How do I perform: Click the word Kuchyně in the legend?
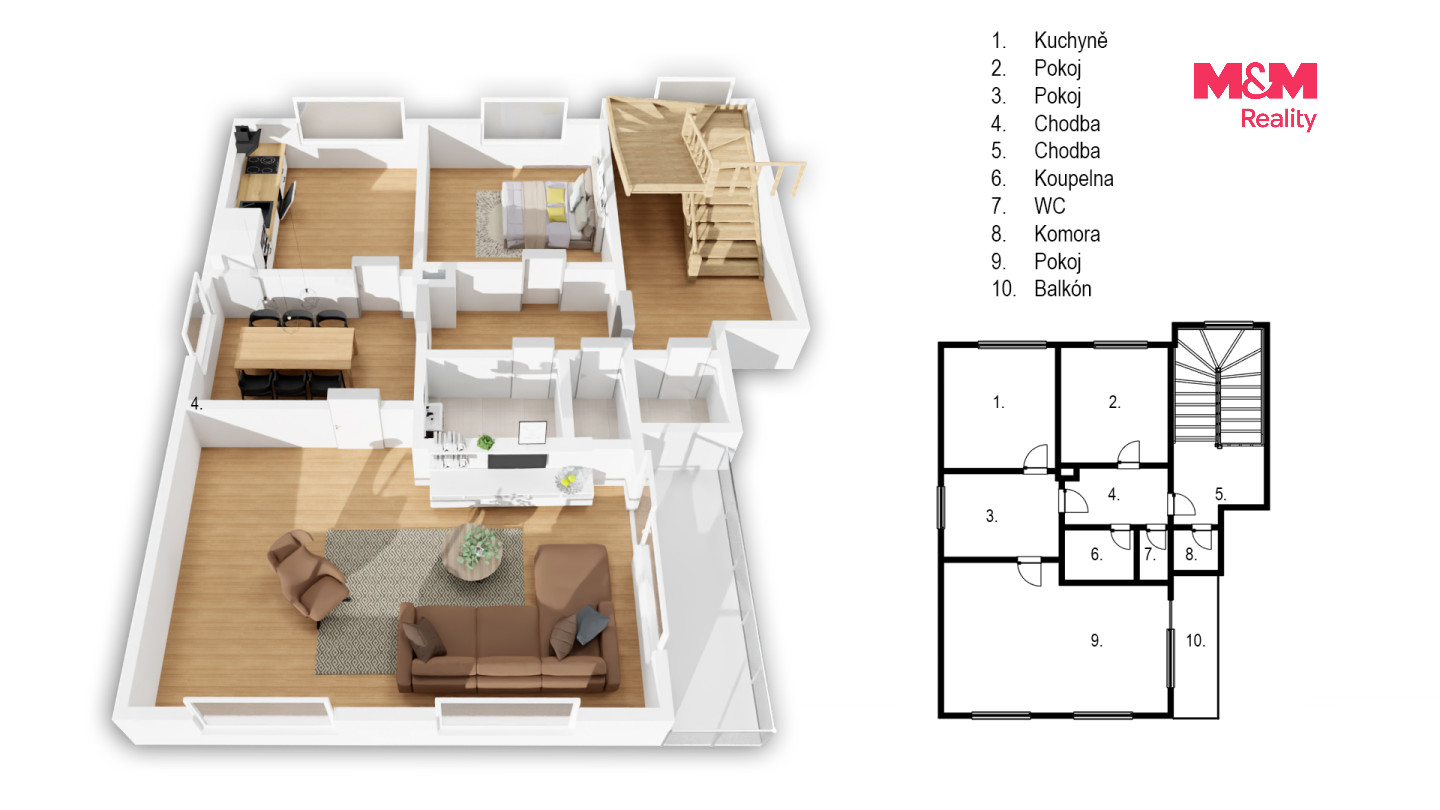1070,40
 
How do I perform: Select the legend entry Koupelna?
1074,178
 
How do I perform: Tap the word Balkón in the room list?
1063,289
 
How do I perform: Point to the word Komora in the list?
1066,233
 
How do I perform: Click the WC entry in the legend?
1049,206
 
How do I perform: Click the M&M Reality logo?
1255,96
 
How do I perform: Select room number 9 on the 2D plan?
1096,640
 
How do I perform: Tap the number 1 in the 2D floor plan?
998,402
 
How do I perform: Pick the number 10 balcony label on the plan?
1195,640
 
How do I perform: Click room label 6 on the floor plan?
1096,554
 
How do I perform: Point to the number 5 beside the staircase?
1220,494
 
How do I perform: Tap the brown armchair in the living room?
307,573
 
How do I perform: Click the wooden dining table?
294,348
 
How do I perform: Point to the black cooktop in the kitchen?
265,165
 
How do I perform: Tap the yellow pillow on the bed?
556,202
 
